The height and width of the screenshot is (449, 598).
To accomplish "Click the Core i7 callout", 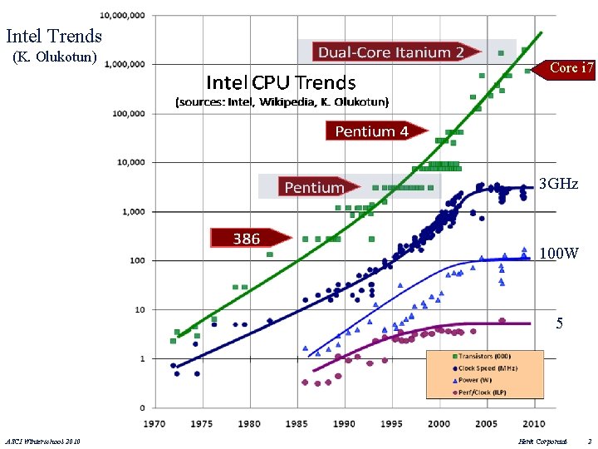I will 571,68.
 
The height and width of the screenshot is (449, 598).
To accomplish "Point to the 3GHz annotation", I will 558,184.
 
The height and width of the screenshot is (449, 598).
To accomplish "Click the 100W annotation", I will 559,252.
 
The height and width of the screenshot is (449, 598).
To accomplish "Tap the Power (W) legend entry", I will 480,380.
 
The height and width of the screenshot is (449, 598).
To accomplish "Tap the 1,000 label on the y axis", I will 133,211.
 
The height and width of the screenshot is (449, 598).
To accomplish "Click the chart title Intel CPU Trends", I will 281,82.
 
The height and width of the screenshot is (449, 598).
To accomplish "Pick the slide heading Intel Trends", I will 54,37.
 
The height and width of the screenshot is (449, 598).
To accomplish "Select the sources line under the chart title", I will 281,102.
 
